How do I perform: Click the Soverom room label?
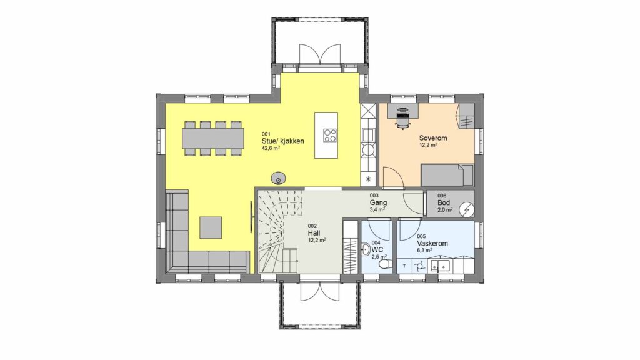click(432, 138)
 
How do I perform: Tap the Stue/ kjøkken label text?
click(283, 141)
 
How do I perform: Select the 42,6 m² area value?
click(271, 148)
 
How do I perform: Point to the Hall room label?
click(314, 233)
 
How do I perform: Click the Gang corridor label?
click(378, 202)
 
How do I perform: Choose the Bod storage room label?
click(444, 203)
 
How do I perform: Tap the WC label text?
click(377, 249)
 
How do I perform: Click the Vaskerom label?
click(432, 243)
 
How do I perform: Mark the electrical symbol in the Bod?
click(466, 210)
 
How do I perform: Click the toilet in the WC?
click(383, 266)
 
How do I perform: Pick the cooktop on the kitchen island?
click(330, 135)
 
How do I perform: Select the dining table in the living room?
click(213, 138)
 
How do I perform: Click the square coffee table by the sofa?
click(211, 227)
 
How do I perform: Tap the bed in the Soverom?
click(447, 175)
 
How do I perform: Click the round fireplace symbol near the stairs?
click(278, 178)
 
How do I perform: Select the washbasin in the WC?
click(366, 249)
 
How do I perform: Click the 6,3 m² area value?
click(424, 251)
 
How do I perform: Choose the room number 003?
click(374, 196)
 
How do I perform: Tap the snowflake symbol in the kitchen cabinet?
click(368, 178)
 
